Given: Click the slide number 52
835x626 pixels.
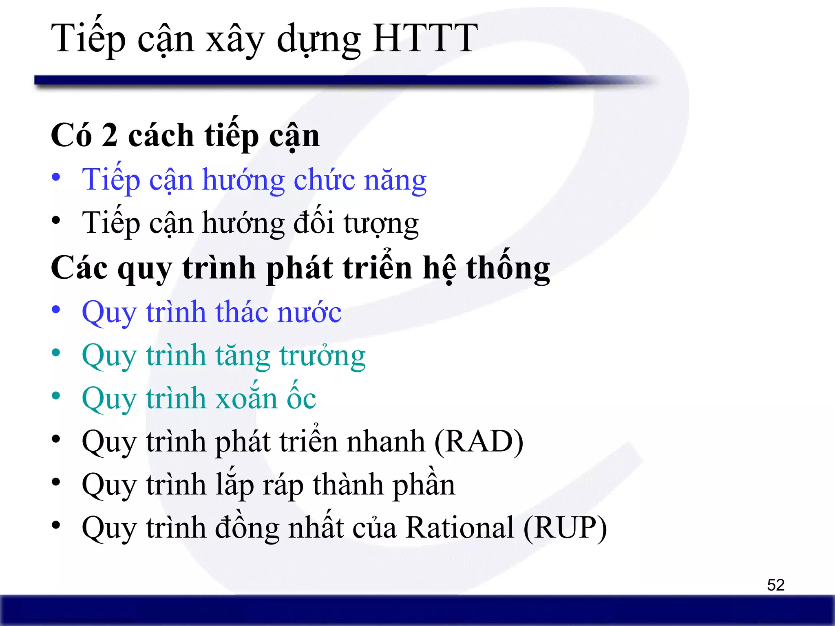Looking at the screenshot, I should (x=775, y=585).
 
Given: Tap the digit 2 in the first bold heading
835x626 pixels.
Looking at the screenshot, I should (x=110, y=136).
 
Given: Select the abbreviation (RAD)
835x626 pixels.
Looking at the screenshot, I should (x=479, y=441).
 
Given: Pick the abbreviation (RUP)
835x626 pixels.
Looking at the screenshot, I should (x=565, y=528).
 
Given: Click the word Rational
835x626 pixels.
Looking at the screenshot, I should (x=460, y=528).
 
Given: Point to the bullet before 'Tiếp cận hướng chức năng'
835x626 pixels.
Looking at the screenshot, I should (x=56, y=177).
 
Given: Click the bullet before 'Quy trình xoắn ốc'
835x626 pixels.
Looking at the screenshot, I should (x=56, y=396).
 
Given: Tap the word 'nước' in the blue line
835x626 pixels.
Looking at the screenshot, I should (x=309, y=313).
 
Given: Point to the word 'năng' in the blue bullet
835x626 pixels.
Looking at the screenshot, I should (x=395, y=181).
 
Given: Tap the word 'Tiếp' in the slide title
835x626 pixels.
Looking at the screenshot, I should (x=88, y=39).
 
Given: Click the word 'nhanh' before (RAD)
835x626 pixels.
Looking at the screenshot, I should (x=385, y=441).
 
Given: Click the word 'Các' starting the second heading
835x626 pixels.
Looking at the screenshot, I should (x=79, y=268).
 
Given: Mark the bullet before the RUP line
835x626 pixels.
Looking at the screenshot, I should (x=56, y=525).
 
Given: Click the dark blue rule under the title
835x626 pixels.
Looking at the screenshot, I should (x=326, y=80).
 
